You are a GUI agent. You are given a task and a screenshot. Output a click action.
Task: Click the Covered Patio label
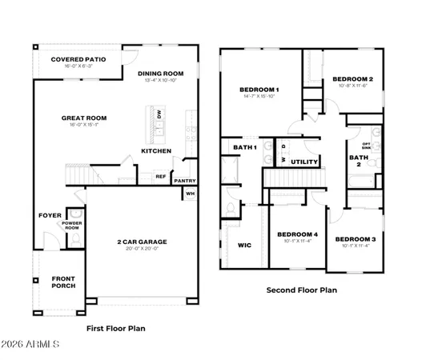click(78, 59)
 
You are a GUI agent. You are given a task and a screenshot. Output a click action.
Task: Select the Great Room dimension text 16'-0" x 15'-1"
click(84, 126)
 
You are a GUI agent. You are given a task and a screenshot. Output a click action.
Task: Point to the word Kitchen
click(155, 150)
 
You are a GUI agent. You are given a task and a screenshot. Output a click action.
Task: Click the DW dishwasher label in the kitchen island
click(159, 115)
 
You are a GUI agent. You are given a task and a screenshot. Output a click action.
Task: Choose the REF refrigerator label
click(160, 177)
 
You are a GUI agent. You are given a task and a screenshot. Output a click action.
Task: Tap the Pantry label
click(185, 181)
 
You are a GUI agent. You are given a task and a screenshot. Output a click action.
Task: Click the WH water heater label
click(190, 194)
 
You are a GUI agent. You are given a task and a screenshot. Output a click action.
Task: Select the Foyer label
click(50, 215)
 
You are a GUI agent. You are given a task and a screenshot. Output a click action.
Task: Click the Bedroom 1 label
click(259, 89)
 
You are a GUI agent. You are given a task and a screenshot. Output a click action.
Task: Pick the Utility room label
click(304, 162)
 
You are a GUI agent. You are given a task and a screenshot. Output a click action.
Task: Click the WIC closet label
click(245, 245)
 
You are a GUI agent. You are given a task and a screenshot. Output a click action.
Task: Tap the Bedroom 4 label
click(297, 234)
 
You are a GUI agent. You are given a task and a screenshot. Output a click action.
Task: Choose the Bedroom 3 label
click(355, 239)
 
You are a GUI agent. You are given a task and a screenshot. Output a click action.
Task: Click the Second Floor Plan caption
click(302, 290)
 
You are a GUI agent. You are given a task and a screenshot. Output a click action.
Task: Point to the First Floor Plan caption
click(115, 328)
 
